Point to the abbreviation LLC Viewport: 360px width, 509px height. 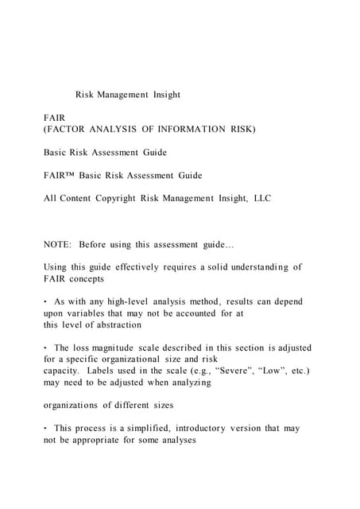click(x=261, y=198)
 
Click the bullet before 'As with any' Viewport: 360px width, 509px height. click(x=45, y=302)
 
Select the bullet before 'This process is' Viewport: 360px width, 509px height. click(x=45, y=429)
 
